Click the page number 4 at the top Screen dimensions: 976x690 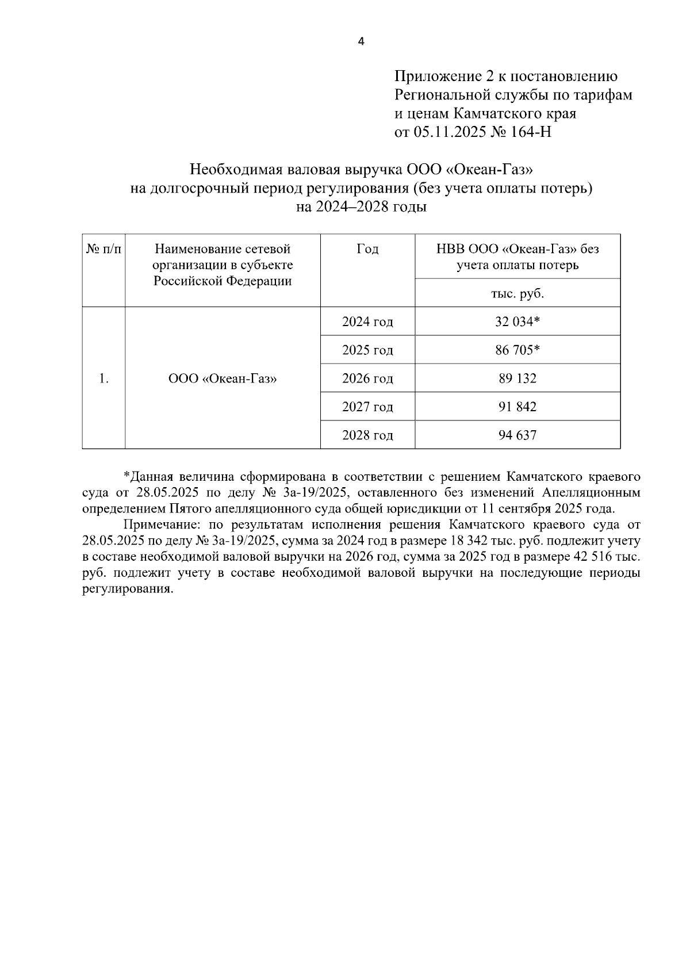pos(361,41)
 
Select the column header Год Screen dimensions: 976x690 pos(367,249)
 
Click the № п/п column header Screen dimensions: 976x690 pos(103,249)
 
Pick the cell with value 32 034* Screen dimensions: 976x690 pos(517,321)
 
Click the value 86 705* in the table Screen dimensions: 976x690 pos(517,350)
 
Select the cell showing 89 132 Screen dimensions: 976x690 pos(517,378)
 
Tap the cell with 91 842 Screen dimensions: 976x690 pos(517,407)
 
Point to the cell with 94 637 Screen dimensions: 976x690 pos(517,435)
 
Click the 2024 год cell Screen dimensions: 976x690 pos(367,321)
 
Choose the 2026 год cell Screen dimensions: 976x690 pos(367,378)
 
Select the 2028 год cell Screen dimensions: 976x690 pos(367,435)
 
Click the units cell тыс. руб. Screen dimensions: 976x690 pos(517,293)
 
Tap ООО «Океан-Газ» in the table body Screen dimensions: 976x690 pos(223,378)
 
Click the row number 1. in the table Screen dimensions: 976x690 pos(103,378)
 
